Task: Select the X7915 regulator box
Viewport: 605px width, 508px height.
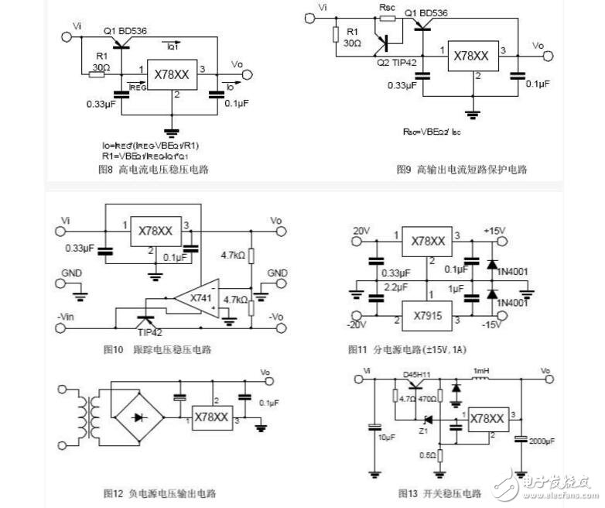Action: point(426,317)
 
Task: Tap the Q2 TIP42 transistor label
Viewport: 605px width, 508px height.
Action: point(395,63)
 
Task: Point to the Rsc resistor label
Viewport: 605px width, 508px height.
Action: point(387,9)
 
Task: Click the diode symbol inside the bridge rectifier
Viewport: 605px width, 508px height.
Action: point(139,416)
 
